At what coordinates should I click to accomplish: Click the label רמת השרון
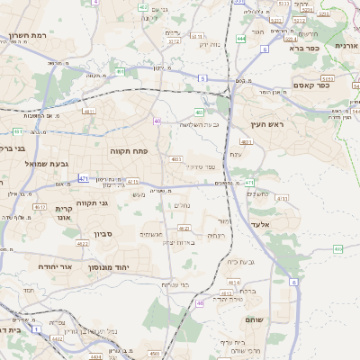(27, 35)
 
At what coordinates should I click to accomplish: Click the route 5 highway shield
(203, 79)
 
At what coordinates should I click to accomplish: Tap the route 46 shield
(200, 303)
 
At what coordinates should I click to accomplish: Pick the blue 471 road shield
(83, 179)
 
